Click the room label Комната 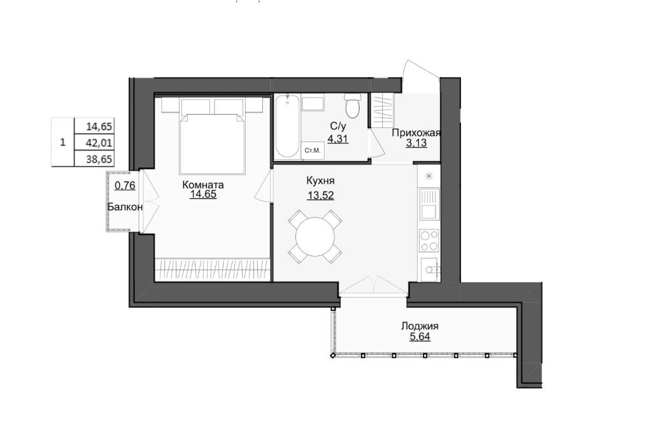click(x=203, y=184)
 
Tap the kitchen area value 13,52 click(x=321, y=195)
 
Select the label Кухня click(x=321, y=181)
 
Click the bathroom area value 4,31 click(x=337, y=139)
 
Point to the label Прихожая click(x=416, y=133)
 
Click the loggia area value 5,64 click(x=420, y=336)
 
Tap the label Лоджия click(x=420, y=326)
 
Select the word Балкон click(x=125, y=207)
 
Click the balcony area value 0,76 click(x=125, y=185)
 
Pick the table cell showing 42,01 click(x=99, y=143)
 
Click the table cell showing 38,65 click(x=99, y=159)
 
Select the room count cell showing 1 click(x=63, y=142)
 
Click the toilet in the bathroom click(x=353, y=106)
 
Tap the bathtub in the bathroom click(x=287, y=125)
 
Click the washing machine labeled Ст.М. click(x=312, y=150)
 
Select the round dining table click(x=315, y=236)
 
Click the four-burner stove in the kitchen click(x=429, y=241)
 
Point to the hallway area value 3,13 click(x=416, y=143)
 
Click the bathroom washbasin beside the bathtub click(x=313, y=104)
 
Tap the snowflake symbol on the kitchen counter click(x=429, y=176)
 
